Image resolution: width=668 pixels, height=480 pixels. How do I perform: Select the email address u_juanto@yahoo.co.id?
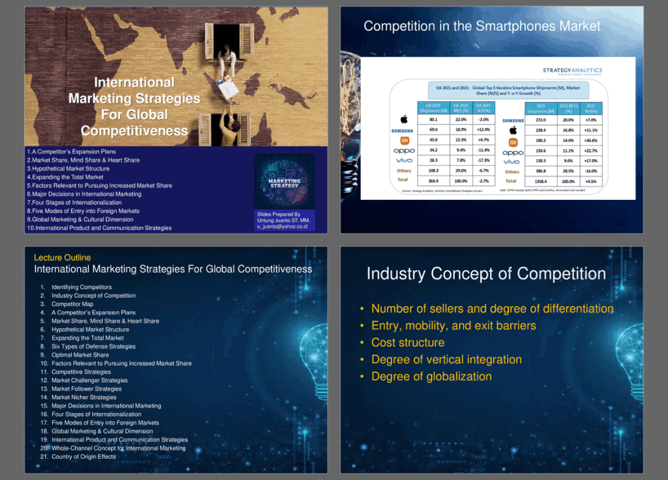[283, 227]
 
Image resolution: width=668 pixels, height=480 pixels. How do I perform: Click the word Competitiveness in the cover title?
[134, 131]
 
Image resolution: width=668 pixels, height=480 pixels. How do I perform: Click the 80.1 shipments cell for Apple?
[433, 120]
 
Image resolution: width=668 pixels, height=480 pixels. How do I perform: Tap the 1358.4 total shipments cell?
[541, 181]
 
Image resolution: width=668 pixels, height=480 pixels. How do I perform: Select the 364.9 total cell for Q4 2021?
[433, 181]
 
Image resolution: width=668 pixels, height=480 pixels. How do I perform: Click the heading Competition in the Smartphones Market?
[482, 27]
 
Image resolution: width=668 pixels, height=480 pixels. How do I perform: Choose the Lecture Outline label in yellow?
[62, 258]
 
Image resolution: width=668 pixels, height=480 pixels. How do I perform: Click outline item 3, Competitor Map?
[72, 304]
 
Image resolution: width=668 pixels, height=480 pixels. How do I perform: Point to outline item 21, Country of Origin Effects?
[83, 457]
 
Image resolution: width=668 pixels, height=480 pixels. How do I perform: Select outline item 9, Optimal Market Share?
[79, 355]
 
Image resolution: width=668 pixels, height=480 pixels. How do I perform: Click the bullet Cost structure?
[408, 343]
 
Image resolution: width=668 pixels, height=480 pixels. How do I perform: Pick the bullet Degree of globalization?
[431, 377]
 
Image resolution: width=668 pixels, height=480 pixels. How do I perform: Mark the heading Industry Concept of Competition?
[486, 274]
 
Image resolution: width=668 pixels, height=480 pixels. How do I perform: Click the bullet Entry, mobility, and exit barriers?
[453, 326]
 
